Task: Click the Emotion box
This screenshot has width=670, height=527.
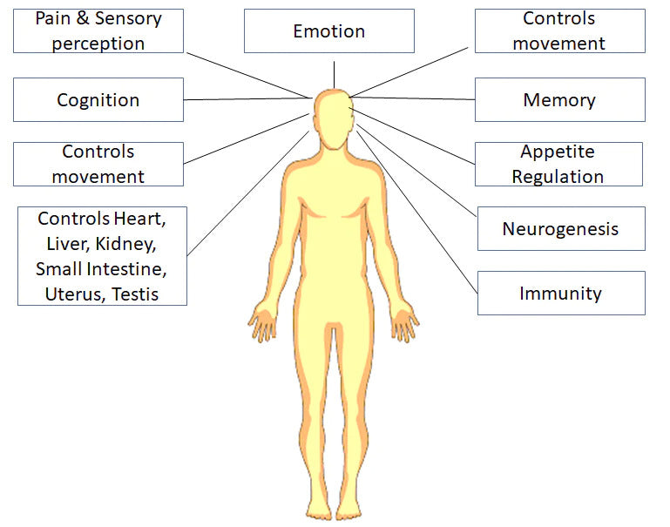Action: coord(328,31)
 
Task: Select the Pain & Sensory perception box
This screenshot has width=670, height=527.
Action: coord(98,30)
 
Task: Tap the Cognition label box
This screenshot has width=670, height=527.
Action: coord(98,99)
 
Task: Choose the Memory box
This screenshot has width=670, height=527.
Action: coord(559,99)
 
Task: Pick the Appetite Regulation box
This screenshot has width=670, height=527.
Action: coord(558,164)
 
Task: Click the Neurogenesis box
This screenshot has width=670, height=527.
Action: coord(560,229)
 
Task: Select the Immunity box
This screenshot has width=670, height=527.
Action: coord(560,293)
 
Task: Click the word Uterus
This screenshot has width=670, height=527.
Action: coord(72,294)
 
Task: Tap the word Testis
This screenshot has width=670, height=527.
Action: coord(135,294)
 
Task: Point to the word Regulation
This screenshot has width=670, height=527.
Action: coord(558,176)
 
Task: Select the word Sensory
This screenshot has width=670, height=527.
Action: coord(128,18)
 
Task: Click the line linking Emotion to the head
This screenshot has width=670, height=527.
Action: coord(334,74)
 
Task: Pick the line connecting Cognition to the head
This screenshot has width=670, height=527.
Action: coord(248,98)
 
